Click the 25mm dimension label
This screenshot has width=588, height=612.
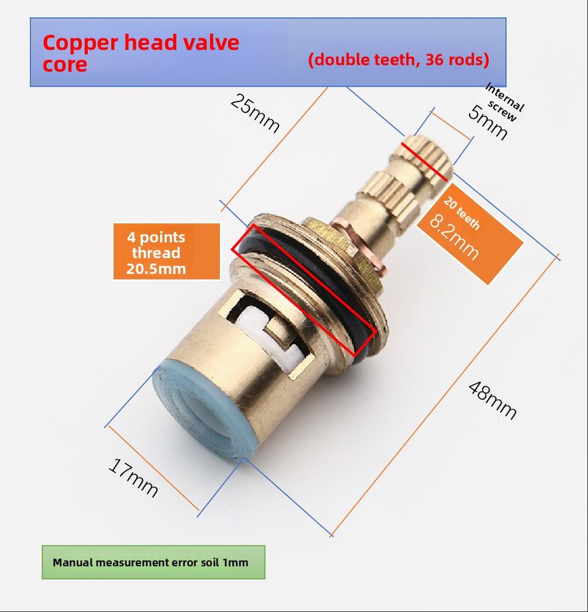pyautogui.click(x=255, y=114)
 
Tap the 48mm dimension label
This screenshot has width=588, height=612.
pyautogui.click(x=492, y=400)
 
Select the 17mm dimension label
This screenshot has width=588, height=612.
pyautogui.click(x=133, y=478)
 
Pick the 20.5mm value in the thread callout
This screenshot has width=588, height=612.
pyautogui.click(x=156, y=268)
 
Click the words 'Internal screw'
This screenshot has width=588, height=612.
pyautogui.click(x=504, y=103)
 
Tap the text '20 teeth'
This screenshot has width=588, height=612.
pyautogui.click(x=462, y=213)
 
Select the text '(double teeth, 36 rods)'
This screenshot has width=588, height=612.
pyautogui.click(x=399, y=60)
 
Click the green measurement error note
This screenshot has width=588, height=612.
pyautogui.click(x=154, y=562)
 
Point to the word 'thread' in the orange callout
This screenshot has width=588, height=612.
pyautogui.click(x=156, y=253)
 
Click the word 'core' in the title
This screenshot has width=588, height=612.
pyautogui.click(x=65, y=65)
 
